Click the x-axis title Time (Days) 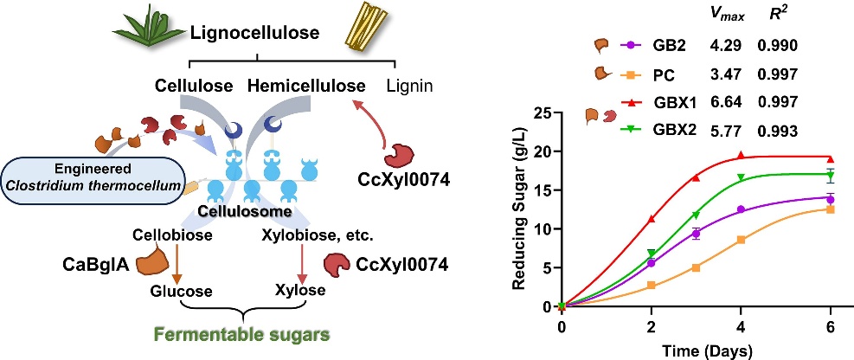[x=697, y=350]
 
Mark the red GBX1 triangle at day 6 [x=830, y=159]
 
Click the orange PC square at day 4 [x=741, y=240]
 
